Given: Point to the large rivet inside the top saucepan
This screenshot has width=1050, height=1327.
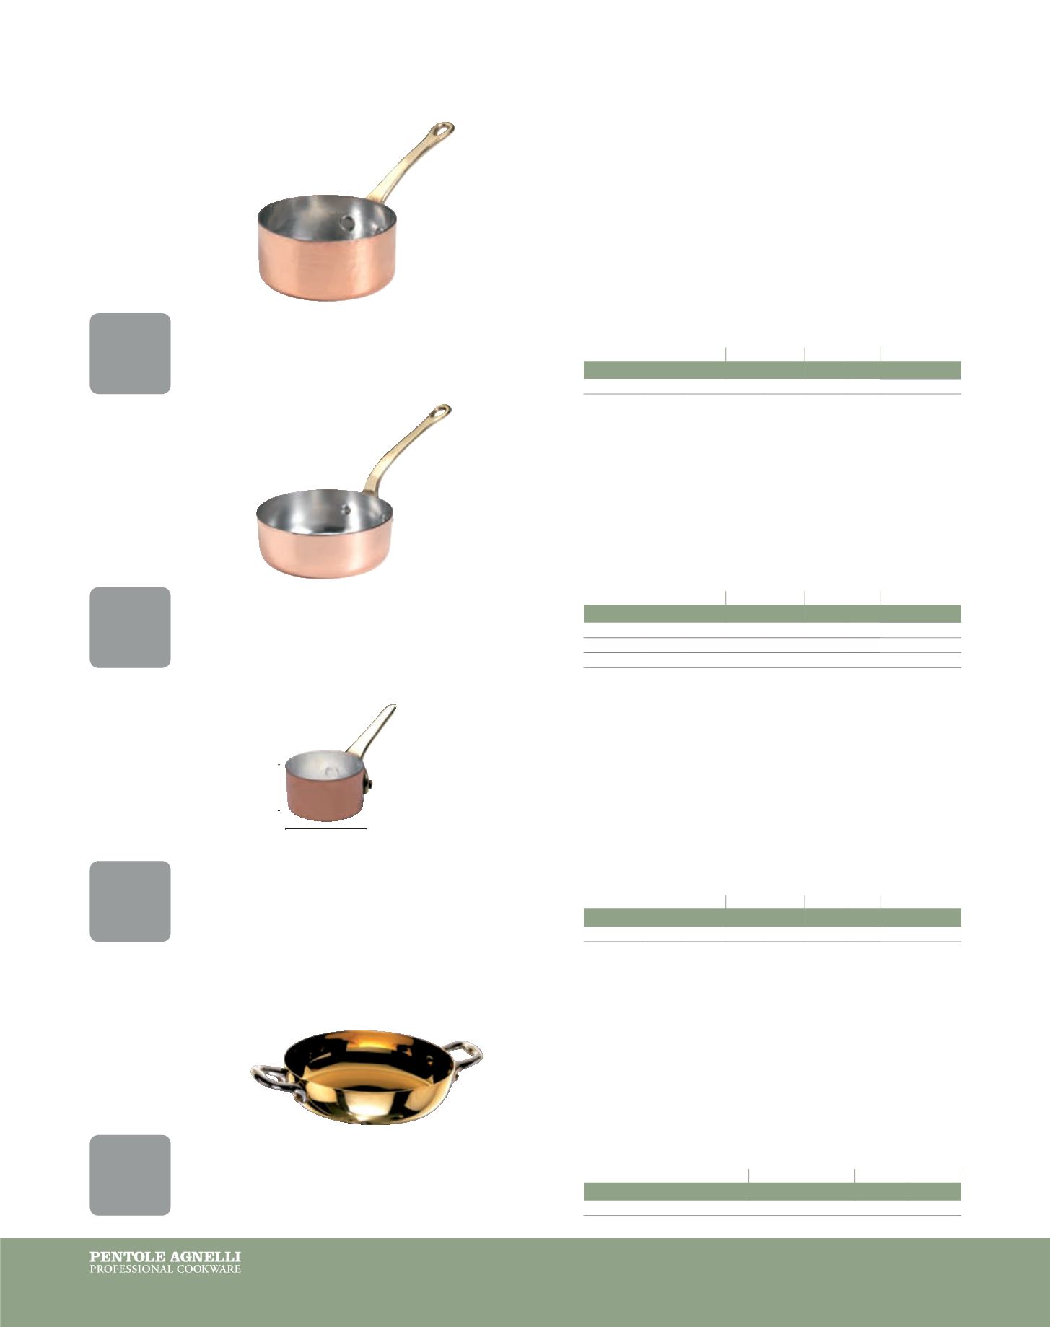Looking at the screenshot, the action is tap(348, 223).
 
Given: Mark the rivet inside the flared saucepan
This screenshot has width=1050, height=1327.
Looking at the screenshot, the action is tap(346, 509).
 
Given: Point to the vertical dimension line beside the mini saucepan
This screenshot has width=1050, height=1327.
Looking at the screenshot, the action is tap(279, 788).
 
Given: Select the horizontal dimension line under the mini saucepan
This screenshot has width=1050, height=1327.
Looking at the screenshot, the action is tap(326, 829).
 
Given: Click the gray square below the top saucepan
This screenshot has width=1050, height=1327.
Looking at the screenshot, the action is tap(130, 354).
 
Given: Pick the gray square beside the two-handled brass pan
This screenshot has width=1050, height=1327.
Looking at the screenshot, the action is tap(130, 1175).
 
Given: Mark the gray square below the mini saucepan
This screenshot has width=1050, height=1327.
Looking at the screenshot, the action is tap(130, 901).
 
